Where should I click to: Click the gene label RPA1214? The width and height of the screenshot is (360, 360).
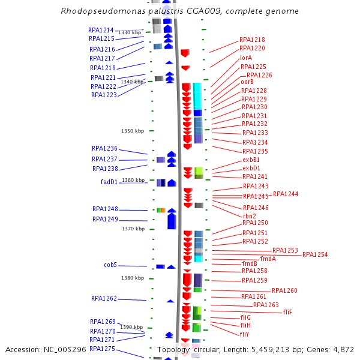101,30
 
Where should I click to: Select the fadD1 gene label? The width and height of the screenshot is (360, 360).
109,182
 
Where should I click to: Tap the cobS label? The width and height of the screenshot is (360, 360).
110,265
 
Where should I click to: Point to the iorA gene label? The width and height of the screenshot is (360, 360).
246,58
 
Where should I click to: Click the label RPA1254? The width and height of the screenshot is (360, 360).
315,254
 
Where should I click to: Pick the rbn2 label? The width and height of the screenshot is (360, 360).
250,216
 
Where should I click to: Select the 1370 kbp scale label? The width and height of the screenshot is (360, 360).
133,229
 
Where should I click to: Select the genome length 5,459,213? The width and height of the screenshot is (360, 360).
270,349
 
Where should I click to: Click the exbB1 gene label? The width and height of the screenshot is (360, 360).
251,160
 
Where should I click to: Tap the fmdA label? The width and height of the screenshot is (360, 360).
268,259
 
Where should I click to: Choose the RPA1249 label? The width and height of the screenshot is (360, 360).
105,219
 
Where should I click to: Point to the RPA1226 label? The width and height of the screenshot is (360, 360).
259,75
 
